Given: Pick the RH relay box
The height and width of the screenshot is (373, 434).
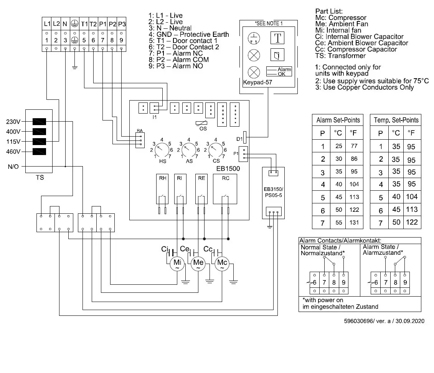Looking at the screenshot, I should click(162, 188).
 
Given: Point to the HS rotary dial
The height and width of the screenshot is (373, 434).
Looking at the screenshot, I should click(163, 148).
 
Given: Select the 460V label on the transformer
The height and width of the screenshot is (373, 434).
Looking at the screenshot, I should click(13, 151).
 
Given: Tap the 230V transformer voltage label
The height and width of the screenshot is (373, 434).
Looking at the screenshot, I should click(13, 122).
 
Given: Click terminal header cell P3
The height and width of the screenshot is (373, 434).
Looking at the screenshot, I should click(121, 24).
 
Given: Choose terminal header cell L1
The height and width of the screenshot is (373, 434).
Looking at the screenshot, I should click(47, 24).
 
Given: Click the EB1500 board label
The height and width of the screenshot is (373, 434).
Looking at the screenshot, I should click(228, 168).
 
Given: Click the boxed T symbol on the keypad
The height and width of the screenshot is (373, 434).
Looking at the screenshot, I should click(277, 38).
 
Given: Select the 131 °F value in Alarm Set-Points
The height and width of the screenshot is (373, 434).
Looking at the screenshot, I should click(354, 222).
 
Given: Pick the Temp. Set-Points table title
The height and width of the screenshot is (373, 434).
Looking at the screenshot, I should click(396, 120).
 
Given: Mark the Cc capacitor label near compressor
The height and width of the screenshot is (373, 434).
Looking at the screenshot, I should click(208, 249).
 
